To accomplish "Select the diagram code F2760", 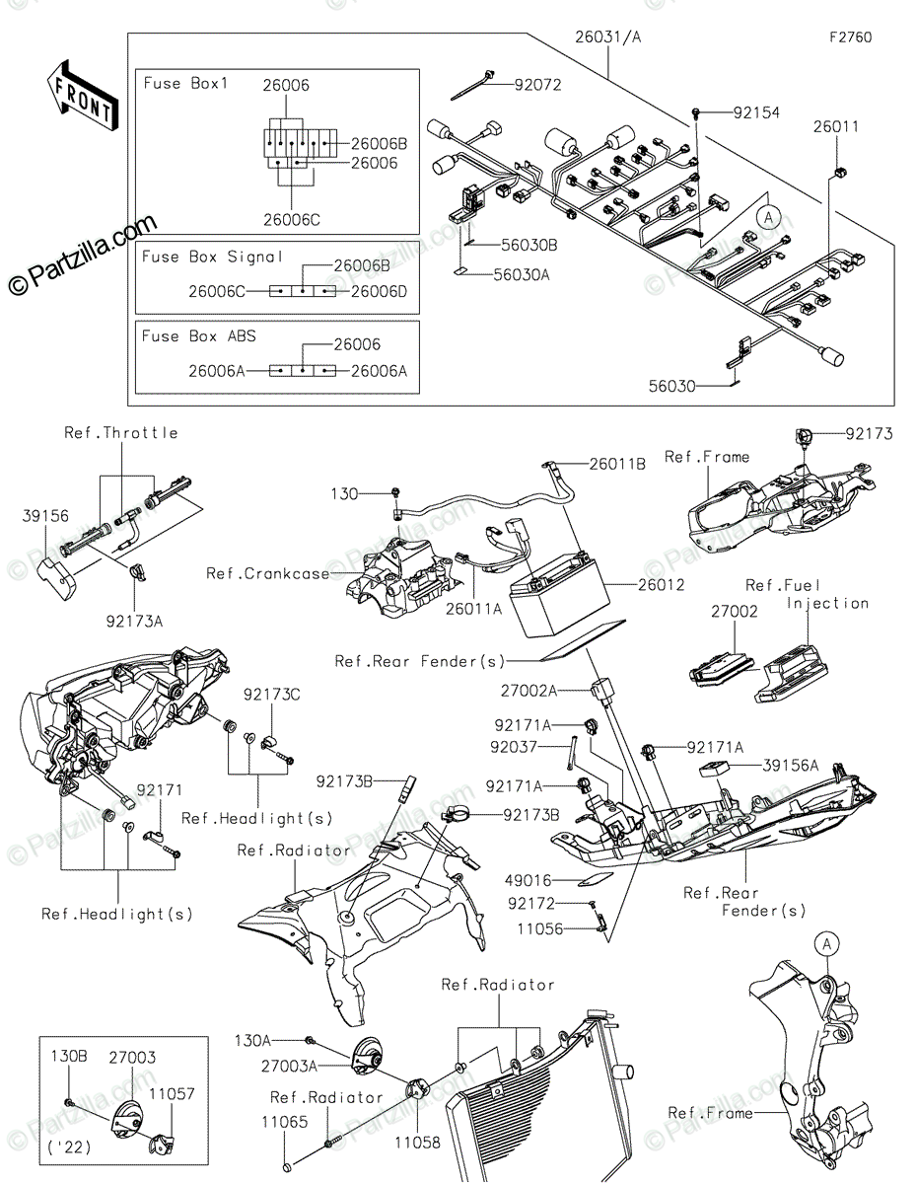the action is coord(850,37).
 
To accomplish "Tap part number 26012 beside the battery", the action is coord(661,585).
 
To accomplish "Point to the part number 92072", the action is coord(537,85).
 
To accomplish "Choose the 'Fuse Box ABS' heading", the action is coord(198,335).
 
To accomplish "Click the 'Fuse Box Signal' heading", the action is coord(212,257).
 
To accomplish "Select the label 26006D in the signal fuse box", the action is coord(379,291).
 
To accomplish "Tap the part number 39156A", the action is coord(790,766).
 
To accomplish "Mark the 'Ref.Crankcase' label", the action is coord(268,574).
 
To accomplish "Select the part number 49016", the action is coord(528,880).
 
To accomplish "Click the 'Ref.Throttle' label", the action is coord(121,433).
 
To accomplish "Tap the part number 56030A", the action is coord(522,275).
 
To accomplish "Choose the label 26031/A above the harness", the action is coord(608,37).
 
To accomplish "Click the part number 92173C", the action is coord(271,695).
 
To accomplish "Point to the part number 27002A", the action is coord(529,692).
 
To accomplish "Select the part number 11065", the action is coord(285,1122).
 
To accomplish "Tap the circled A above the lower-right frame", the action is coord(826,944).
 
